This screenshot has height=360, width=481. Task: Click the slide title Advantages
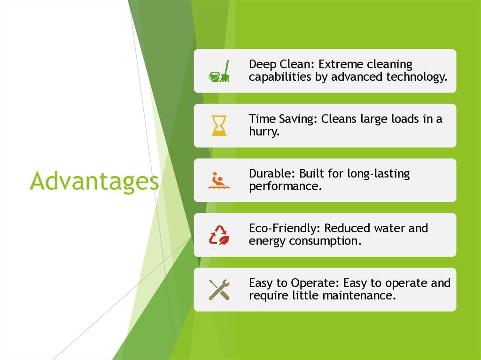(x=94, y=181)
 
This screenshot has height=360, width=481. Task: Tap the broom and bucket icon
(x=219, y=71)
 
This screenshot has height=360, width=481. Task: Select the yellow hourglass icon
(x=219, y=126)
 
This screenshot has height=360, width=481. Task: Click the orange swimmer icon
(x=219, y=181)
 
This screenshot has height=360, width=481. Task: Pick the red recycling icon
(x=219, y=235)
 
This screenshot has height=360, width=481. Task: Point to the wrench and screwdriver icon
(x=219, y=290)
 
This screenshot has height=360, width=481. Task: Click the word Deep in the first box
(x=263, y=64)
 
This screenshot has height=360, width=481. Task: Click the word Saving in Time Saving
(x=296, y=119)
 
